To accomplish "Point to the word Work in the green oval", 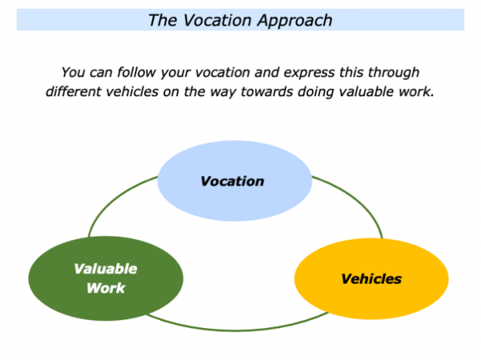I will click(107, 288).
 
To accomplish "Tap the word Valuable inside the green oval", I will click(106, 269).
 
